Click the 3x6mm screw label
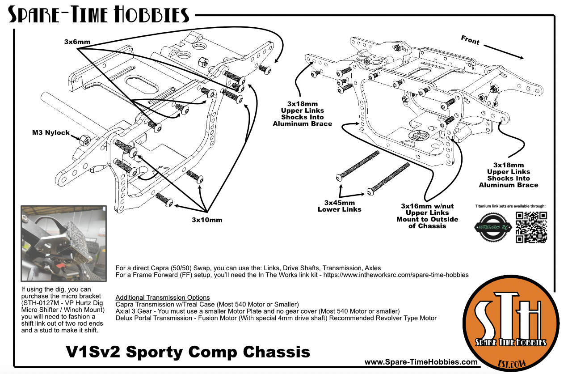(77, 42)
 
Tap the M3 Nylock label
(51, 133)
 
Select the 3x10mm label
(207, 220)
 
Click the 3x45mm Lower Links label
(340, 206)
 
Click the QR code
(531, 227)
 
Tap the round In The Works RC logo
(492, 227)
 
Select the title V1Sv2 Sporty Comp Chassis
(188, 351)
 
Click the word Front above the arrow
(470, 41)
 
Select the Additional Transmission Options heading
(163, 297)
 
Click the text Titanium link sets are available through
(510, 206)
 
